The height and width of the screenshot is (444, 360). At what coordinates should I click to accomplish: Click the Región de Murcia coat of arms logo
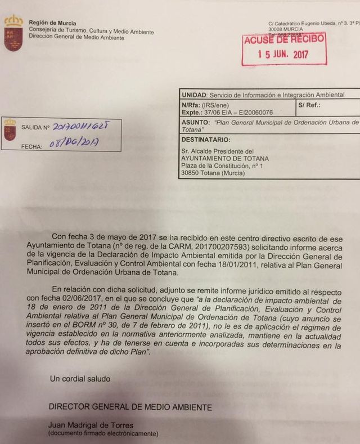[x=13, y=33]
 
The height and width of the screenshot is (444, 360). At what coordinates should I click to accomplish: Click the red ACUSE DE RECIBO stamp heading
[x=283, y=39]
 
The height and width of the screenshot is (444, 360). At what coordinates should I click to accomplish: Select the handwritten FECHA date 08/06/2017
[x=74, y=143]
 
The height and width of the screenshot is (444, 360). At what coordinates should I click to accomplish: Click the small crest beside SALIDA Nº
[x=10, y=129]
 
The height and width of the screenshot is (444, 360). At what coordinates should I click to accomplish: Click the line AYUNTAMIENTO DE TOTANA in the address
[x=225, y=159]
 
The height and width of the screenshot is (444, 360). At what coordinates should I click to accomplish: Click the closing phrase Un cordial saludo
[x=80, y=379]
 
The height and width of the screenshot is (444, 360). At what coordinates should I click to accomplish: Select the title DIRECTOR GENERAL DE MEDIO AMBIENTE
[x=130, y=407]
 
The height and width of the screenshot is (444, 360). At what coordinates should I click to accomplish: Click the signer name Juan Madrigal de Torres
[x=91, y=425]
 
